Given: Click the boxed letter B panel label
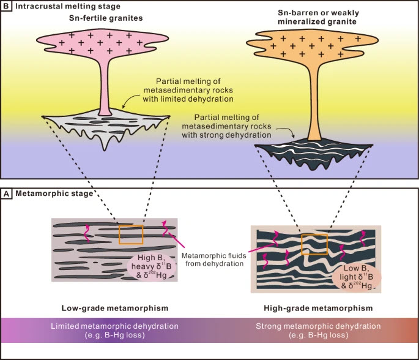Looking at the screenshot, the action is (x=6, y=6).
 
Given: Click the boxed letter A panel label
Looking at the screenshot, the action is (x=6, y=194).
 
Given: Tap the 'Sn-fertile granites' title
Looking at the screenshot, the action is (x=106, y=18).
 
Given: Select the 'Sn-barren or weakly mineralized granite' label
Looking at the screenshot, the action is (x=318, y=17).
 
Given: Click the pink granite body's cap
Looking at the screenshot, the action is (x=102, y=43).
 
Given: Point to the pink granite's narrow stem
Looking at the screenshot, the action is (x=105, y=86).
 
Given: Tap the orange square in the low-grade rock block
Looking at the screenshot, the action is (x=131, y=234).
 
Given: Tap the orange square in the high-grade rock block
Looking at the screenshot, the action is (x=314, y=244).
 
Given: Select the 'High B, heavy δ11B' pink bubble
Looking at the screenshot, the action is (x=151, y=266).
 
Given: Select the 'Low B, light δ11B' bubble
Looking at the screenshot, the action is (x=357, y=277).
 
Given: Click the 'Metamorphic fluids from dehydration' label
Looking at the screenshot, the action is (x=214, y=260).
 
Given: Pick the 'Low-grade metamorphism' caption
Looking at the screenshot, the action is (x=115, y=308).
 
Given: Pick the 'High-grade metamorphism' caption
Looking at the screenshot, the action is (x=318, y=308).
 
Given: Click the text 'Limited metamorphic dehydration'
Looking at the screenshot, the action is (x=114, y=326).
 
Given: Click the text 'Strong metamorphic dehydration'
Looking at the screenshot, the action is (x=318, y=326).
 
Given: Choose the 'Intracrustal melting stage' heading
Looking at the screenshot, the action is (x=68, y=6).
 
